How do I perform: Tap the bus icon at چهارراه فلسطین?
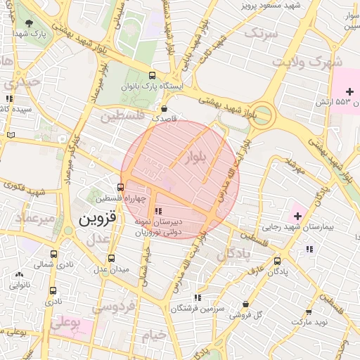[x=121, y=188]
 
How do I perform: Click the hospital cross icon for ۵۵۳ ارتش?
[x=349, y=93]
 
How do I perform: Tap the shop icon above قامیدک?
[x=164, y=109]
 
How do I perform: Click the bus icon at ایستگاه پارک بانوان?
[x=153, y=76]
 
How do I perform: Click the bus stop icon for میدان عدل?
[x=111, y=259]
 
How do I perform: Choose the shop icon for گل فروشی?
[x=245, y=304]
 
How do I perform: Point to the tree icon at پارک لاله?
[x=29, y=23]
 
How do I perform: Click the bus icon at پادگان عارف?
[x=277, y=260]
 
